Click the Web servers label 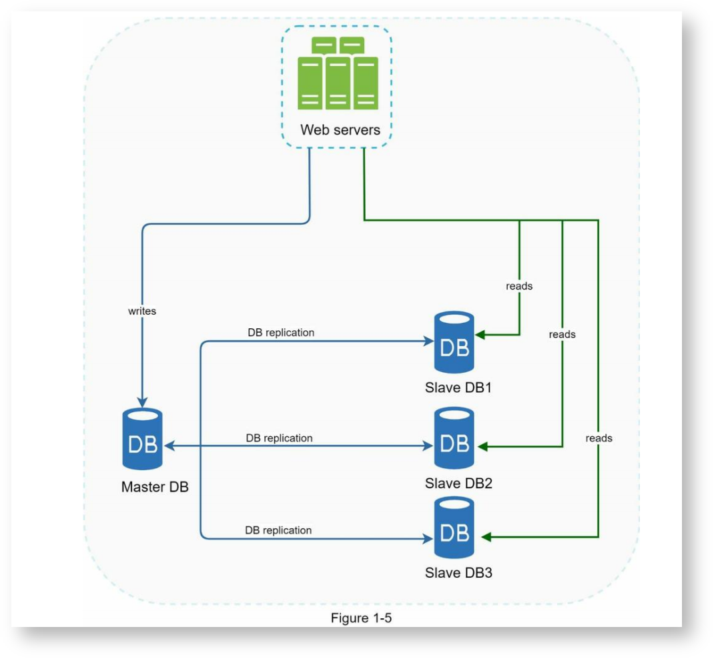coord(340,129)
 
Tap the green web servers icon coord(338,74)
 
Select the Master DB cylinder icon coord(142,438)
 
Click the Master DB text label coord(155,487)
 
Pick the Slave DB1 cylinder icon coord(454,342)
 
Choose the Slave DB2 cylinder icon coord(454,438)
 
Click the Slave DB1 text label coord(458,388)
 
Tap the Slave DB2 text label coord(458,483)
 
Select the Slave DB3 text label coord(458,572)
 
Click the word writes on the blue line coord(142,311)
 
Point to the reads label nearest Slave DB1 coord(519,286)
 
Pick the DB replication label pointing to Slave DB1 coord(281,332)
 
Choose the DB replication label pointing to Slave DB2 coord(279,438)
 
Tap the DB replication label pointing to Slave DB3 coord(278,530)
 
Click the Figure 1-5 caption coord(361,618)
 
